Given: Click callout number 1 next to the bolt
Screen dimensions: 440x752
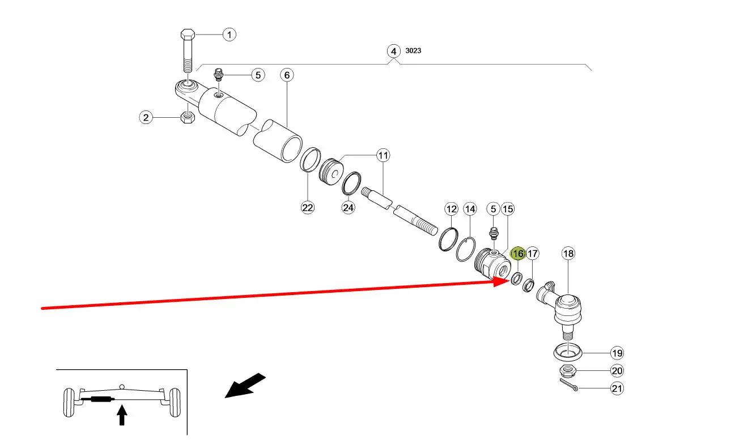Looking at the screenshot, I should pos(229,35).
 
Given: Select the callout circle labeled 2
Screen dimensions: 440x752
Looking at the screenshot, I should pos(146,118).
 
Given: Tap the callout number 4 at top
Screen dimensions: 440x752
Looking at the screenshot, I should pos(393,51).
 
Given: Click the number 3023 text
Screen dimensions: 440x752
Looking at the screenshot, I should pos(413,51).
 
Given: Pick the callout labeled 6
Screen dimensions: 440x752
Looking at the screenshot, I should pos(287,75).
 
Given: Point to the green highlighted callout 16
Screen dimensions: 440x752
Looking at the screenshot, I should pos(518,254).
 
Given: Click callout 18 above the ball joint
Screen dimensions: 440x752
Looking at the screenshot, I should pos(568,254).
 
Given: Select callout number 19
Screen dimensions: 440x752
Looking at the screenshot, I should pos(617,353).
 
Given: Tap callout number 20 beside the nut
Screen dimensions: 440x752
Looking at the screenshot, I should pos(617,371).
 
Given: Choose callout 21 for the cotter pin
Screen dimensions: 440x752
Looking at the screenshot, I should pos(617,389).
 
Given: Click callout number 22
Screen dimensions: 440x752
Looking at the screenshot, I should pos(307,208).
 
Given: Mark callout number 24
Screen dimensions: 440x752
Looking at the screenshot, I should pos(348,208).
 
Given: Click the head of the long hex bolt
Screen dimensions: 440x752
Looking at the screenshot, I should pos(188,33).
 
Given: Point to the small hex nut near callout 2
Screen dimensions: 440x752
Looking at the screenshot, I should pos(188,117).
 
